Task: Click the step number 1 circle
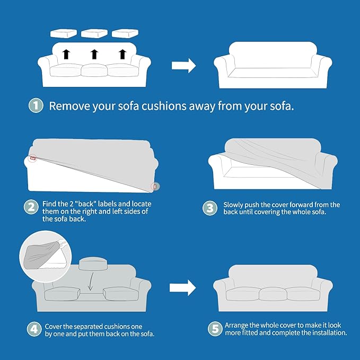click(36, 106)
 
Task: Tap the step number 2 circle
click(31, 207)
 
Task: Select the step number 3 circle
click(210, 208)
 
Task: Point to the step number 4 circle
click(34, 329)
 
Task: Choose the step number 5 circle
click(215, 329)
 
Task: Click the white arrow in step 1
click(183, 66)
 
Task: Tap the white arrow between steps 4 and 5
click(183, 288)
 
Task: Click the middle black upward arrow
click(94, 54)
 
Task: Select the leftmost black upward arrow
click(66, 54)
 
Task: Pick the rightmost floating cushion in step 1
click(125, 33)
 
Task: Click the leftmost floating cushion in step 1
click(64, 33)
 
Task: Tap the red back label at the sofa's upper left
click(33, 158)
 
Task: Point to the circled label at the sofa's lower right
click(155, 187)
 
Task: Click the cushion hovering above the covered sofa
click(93, 264)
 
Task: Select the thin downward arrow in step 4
click(91, 282)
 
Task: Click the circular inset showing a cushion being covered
click(46, 257)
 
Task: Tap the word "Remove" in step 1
click(69, 106)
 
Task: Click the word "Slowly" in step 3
click(233, 205)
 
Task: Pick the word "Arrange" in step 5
click(236, 326)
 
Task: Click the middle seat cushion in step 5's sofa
click(273, 294)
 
